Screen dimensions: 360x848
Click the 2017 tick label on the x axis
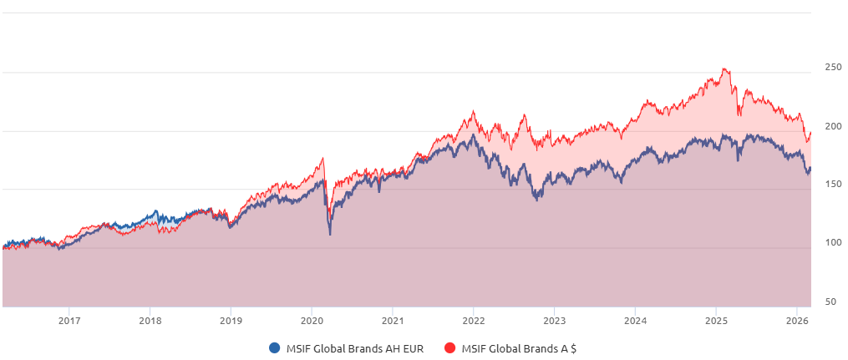click(x=69, y=321)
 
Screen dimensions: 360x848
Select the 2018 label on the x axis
click(x=150, y=321)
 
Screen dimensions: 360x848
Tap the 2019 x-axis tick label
click(x=231, y=321)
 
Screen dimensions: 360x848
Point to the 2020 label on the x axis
click(x=312, y=321)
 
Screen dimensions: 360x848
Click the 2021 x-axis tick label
click(x=393, y=321)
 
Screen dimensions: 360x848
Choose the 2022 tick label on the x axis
click(x=473, y=321)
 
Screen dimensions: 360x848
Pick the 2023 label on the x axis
click(x=554, y=321)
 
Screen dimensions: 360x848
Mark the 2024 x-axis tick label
click(x=635, y=321)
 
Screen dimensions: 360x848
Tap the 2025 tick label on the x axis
click(x=716, y=321)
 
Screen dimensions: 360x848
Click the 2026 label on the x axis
click(x=796, y=321)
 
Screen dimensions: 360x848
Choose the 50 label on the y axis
click(x=831, y=302)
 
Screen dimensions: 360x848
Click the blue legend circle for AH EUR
click(x=274, y=348)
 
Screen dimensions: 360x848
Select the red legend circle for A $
click(x=449, y=348)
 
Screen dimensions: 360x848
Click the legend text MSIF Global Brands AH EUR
click(x=354, y=348)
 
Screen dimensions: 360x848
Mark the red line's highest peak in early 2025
click(x=724, y=68)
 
